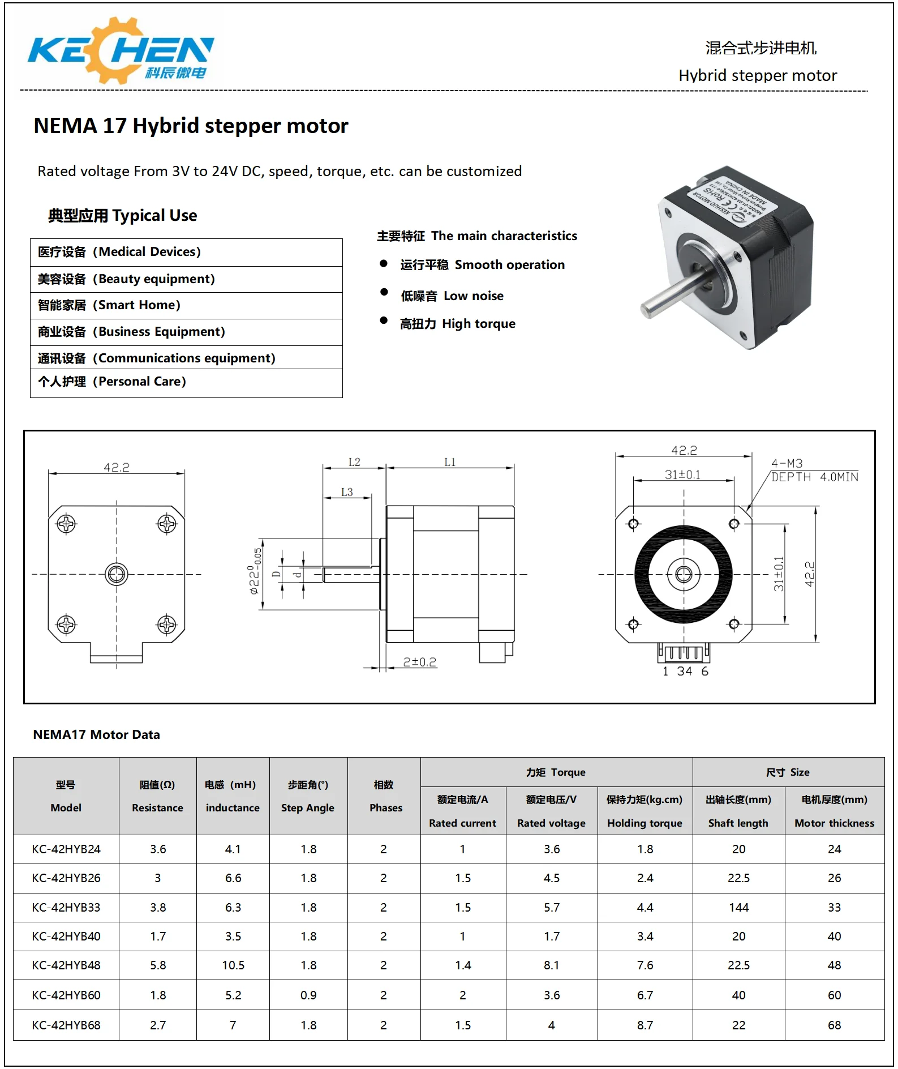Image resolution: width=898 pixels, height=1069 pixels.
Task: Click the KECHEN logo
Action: pyautogui.click(x=121, y=51)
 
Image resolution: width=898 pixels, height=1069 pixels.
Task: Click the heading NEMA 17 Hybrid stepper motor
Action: pyautogui.click(x=191, y=126)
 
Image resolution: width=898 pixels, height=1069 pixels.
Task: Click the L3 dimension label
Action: pyautogui.click(x=347, y=492)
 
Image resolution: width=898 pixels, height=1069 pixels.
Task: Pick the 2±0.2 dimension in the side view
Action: pyautogui.click(x=419, y=662)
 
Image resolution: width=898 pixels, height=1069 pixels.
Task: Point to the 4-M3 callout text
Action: pyautogui.click(x=787, y=463)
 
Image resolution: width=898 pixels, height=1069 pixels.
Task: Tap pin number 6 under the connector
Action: pyautogui.click(x=704, y=671)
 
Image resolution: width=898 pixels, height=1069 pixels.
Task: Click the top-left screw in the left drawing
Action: pyautogui.click(x=66, y=523)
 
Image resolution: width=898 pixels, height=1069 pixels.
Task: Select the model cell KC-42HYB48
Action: pyautogui.click(x=66, y=965)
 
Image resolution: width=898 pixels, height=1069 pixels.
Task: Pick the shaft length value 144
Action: pyautogui.click(x=738, y=907)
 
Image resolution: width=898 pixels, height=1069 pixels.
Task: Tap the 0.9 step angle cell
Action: pyautogui.click(x=308, y=995)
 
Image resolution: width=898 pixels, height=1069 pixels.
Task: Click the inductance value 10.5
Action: pyautogui.click(x=233, y=965)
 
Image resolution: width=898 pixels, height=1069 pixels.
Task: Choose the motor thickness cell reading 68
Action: pyautogui.click(x=834, y=1025)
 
